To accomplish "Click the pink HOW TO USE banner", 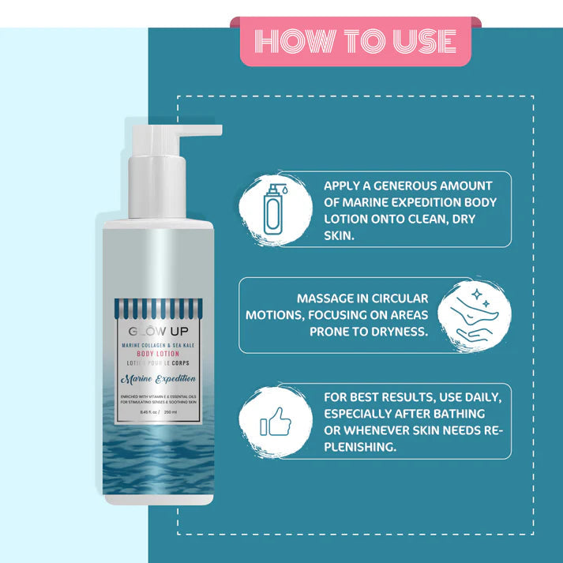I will click(x=355, y=41).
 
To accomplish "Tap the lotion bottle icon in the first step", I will click(x=272, y=209).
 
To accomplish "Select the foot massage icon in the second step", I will click(x=472, y=315).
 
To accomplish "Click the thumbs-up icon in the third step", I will click(x=272, y=422).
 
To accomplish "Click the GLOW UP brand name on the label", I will click(x=159, y=331).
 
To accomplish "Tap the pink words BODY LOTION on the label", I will click(x=160, y=355).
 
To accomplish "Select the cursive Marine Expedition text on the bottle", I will click(x=160, y=379).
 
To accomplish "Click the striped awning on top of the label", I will click(x=159, y=306).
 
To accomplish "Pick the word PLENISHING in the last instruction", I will click(x=361, y=446).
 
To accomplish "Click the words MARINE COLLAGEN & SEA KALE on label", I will click(x=160, y=345).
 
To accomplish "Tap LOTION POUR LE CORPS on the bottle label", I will click(x=160, y=364).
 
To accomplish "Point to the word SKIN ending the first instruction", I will click(x=339, y=235).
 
